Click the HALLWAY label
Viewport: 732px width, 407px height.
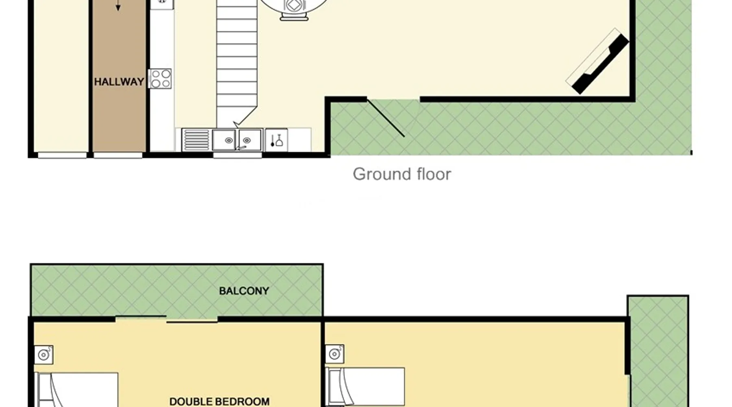click(119, 82)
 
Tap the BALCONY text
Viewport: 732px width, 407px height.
click(244, 291)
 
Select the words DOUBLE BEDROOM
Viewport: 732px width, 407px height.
click(220, 402)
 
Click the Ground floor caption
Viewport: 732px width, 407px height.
click(402, 174)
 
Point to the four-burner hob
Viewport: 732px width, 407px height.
click(160, 79)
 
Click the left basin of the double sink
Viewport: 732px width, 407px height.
click(224, 140)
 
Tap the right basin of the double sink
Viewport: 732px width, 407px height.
click(250, 140)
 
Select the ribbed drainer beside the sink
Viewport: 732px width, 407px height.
click(196, 140)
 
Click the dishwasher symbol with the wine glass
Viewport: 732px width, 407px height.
click(277, 140)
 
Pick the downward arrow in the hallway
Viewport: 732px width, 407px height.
click(118, 5)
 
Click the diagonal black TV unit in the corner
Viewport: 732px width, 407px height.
click(600, 64)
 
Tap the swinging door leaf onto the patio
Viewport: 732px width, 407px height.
click(386, 118)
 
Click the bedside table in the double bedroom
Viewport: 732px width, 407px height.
click(44, 355)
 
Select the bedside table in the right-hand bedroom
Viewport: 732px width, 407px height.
click(335, 354)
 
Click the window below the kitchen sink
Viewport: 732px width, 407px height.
click(237, 155)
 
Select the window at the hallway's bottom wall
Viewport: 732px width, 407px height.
click(118, 155)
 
